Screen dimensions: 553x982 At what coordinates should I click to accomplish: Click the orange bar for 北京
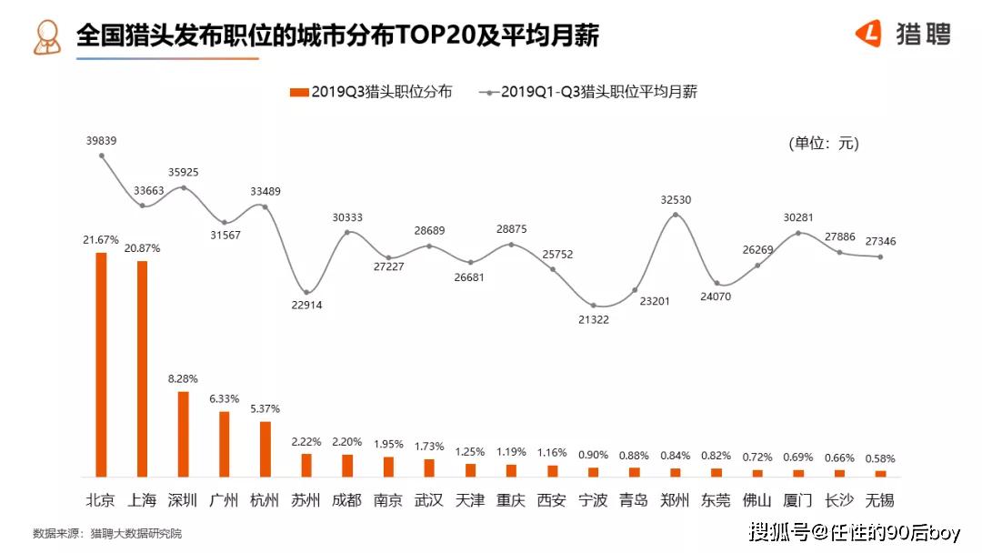101,364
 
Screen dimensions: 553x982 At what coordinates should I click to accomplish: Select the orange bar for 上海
142,368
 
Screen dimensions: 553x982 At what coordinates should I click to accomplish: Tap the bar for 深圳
183,434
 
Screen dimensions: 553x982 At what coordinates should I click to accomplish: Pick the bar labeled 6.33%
224,444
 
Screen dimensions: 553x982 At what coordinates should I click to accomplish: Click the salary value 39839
101,141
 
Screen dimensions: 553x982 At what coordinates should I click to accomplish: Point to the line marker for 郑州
676,215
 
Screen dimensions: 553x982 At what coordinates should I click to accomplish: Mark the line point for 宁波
594,305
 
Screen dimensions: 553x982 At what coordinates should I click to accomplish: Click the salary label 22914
306,306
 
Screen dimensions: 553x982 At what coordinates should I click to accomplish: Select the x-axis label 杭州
265,500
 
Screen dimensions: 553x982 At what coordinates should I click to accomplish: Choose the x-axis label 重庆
511,500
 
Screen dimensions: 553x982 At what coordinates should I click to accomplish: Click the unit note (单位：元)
823,144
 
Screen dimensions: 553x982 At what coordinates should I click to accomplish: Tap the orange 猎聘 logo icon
869,35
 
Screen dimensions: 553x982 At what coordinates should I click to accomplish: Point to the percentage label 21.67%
101,239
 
